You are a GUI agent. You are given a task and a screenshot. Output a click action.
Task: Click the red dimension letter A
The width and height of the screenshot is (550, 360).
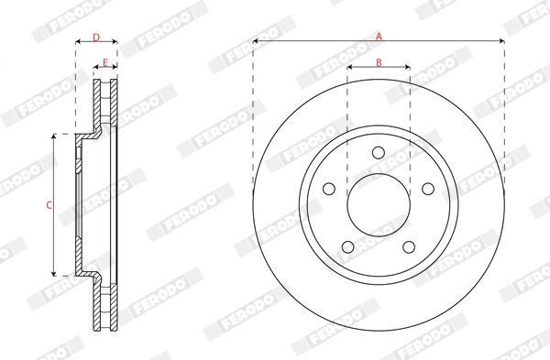click(x=378, y=36)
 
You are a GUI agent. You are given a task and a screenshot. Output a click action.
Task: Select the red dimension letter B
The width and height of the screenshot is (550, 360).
click(x=378, y=62)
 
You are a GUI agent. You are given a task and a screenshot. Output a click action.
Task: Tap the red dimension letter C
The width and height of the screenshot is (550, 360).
click(x=49, y=204)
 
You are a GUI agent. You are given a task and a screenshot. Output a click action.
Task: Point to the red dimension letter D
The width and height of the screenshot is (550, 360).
click(x=96, y=38)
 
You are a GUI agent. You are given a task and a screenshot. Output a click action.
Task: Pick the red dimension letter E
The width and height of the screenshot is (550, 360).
click(x=105, y=62)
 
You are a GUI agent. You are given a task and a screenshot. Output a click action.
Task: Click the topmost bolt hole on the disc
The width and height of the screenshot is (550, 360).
click(x=379, y=153)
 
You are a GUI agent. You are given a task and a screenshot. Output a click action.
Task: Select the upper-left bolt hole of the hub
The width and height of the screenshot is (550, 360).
click(x=329, y=189)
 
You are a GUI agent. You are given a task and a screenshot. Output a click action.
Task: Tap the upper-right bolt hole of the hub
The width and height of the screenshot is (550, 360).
click(x=427, y=189)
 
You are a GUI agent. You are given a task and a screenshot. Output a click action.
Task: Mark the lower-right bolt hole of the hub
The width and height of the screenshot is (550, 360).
click(x=409, y=245)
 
